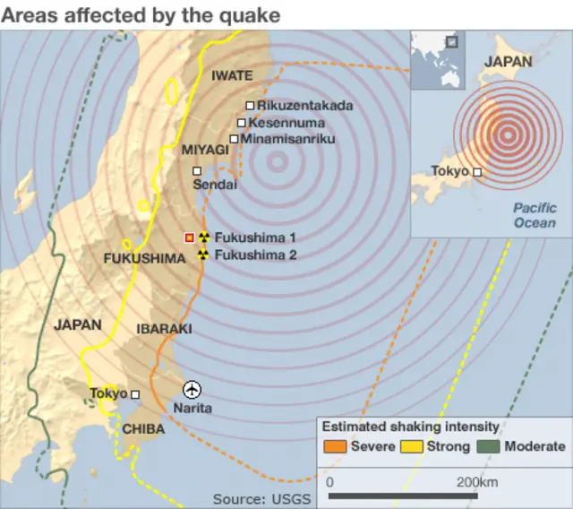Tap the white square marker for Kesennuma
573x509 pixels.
(x=242, y=123)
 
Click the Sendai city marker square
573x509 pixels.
(x=197, y=170)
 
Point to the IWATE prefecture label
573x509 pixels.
(x=232, y=76)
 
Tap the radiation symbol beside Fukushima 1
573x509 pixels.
(x=203, y=237)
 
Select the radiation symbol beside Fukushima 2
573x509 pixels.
(x=203, y=254)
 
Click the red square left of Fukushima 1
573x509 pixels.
(x=189, y=237)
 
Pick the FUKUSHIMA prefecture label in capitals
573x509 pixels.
(x=143, y=259)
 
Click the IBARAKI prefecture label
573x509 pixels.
(x=164, y=329)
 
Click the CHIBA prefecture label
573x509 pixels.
(x=143, y=429)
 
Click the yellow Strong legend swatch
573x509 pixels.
(x=412, y=446)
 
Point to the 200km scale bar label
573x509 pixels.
(x=476, y=483)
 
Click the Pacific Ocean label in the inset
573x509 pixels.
(x=535, y=215)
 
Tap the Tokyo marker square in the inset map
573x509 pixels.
(x=477, y=172)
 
